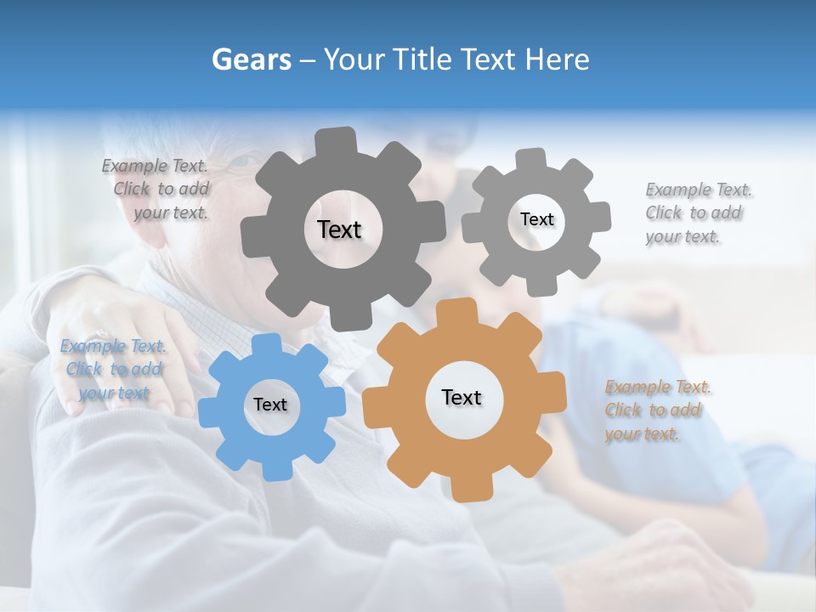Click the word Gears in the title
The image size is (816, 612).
pyautogui.click(x=251, y=59)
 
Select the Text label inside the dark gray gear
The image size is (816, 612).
pyautogui.click(x=339, y=229)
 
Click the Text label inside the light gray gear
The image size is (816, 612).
pyautogui.click(x=536, y=219)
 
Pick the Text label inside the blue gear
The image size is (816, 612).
pyautogui.click(x=269, y=405)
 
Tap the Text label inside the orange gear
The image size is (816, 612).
pyautogui.click(x=462, y=397)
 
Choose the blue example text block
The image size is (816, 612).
pyautogui.click(x=114, y=370)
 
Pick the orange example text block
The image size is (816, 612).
pyautogui.click(x=655, y=411)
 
